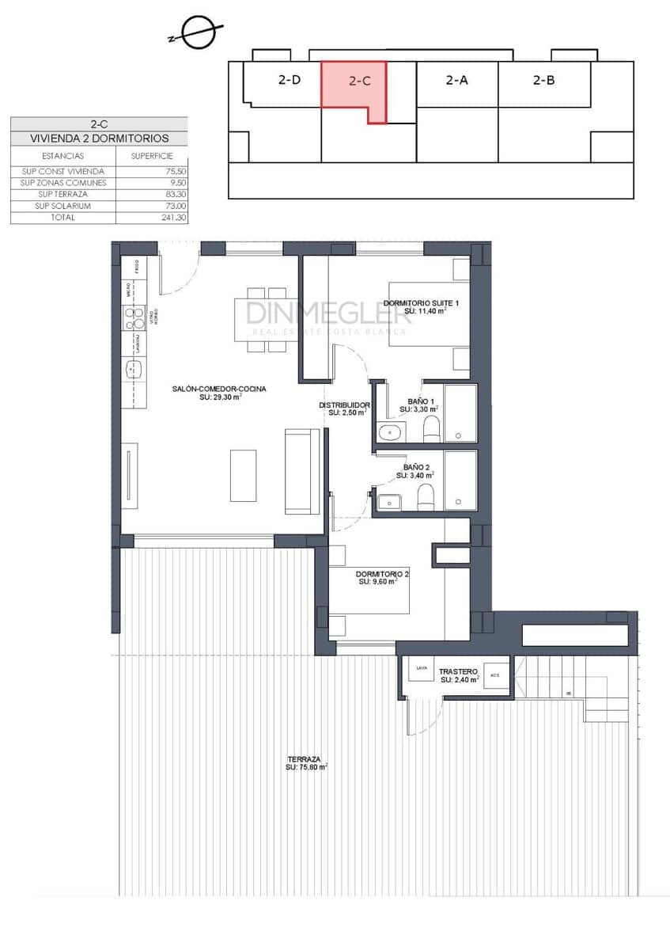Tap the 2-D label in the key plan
click(x=289, y=80)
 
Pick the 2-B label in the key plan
click(x=543, y=80)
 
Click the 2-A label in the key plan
click(x=456, y=80)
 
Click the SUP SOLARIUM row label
click(x=63, y=206)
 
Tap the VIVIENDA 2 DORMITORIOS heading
click(x=99, y=139)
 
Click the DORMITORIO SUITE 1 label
click(x=421, y=303)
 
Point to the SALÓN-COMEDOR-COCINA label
click(x=219, y=389)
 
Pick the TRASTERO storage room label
click(x=460, y=670)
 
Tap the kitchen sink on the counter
click(x=132, y=368)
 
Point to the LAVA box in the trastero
click(x=421, y=669)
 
